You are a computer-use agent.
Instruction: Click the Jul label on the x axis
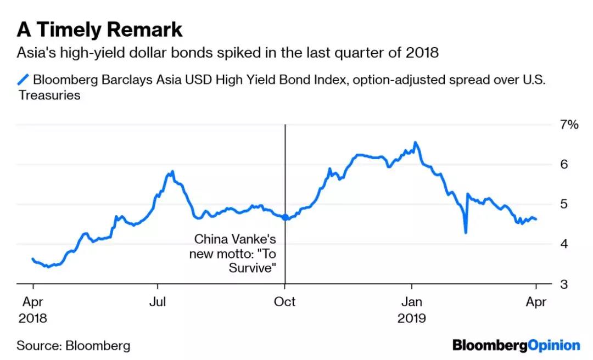click(158, 302)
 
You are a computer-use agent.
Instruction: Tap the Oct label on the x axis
click(284, 302)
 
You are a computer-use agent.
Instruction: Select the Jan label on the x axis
click(411, 302)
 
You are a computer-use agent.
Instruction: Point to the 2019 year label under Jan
click(411, 318)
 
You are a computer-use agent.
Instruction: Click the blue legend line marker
click(23, 80)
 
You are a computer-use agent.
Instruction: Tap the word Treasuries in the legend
click(48, 95)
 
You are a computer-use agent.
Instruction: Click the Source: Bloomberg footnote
click(74, 346)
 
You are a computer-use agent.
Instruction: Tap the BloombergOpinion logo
click(516, 345)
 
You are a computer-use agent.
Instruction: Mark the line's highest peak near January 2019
click(415, 142)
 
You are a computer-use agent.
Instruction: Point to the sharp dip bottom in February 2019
click(466, 233)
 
